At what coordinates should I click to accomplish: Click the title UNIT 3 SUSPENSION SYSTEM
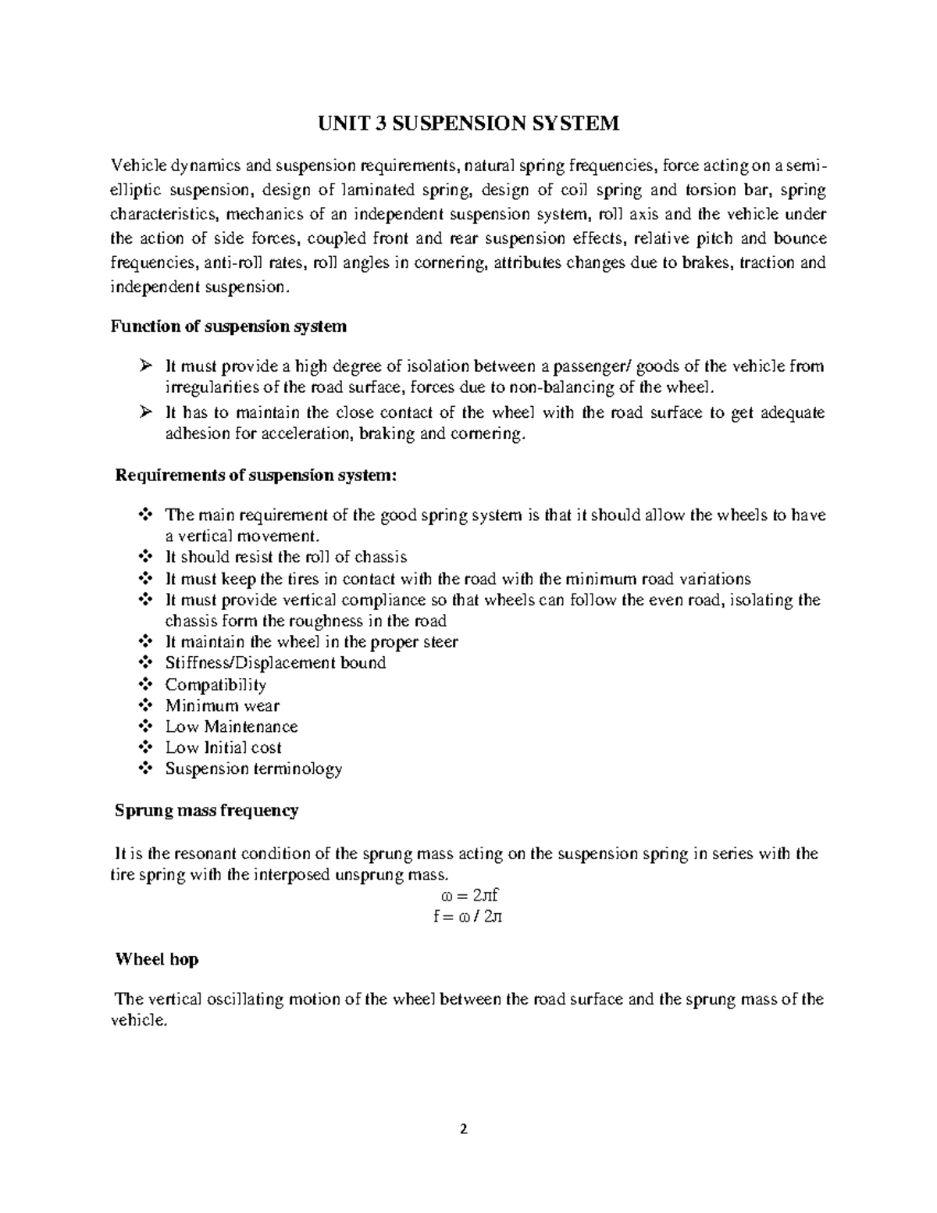[x=468, y=123]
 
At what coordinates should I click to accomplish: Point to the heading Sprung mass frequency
[x=206, y=811]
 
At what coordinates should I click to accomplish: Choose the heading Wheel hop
[x=156, y=959]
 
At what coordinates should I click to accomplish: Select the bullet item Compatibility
[x=216, y=685]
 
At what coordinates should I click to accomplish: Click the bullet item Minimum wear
[x=222, y=706]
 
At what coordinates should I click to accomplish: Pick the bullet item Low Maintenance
[x=231, y=726]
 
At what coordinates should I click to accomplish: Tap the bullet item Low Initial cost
[x=223, y=747]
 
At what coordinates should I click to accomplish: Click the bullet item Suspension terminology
[x=253, y=769]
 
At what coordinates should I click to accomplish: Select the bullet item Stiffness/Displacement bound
[x=275, y=663]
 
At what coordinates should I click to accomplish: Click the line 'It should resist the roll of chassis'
[x=286, y=557]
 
